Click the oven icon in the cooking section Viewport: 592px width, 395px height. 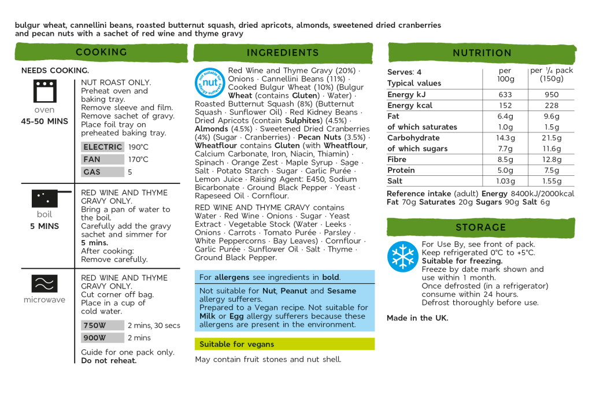(x=45, y=91)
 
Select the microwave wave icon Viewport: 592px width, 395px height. (x=45, y=283)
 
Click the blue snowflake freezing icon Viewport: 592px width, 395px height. (x=402, y=256)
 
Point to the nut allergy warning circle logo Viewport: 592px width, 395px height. (x=209, y=83)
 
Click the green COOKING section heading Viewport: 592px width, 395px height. (x=101, y=52)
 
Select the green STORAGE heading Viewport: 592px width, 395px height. (x=480, y=227)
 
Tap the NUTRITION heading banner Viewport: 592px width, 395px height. (x=482, y=53)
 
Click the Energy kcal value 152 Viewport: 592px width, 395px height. (x=505, y=105)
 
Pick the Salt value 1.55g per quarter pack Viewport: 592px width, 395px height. (x=552, y=181)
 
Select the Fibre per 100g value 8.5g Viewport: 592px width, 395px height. (x=505, y=160)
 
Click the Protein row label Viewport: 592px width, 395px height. (x=401, y=171)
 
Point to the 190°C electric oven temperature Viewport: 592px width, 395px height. (x=138, y=147)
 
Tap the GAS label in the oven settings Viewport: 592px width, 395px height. (x=92, y=172)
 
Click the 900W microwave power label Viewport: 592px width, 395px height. (x=95, y=338)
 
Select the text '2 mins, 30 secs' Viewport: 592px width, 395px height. (x=154, y=326)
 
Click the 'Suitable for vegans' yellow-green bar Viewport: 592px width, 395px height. (x=284, y=344)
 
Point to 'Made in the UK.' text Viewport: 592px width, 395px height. (x=417, y=318)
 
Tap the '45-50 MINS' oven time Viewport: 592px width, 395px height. (x=45, y=121)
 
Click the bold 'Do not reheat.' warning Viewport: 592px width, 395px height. (x=109, y=361)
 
